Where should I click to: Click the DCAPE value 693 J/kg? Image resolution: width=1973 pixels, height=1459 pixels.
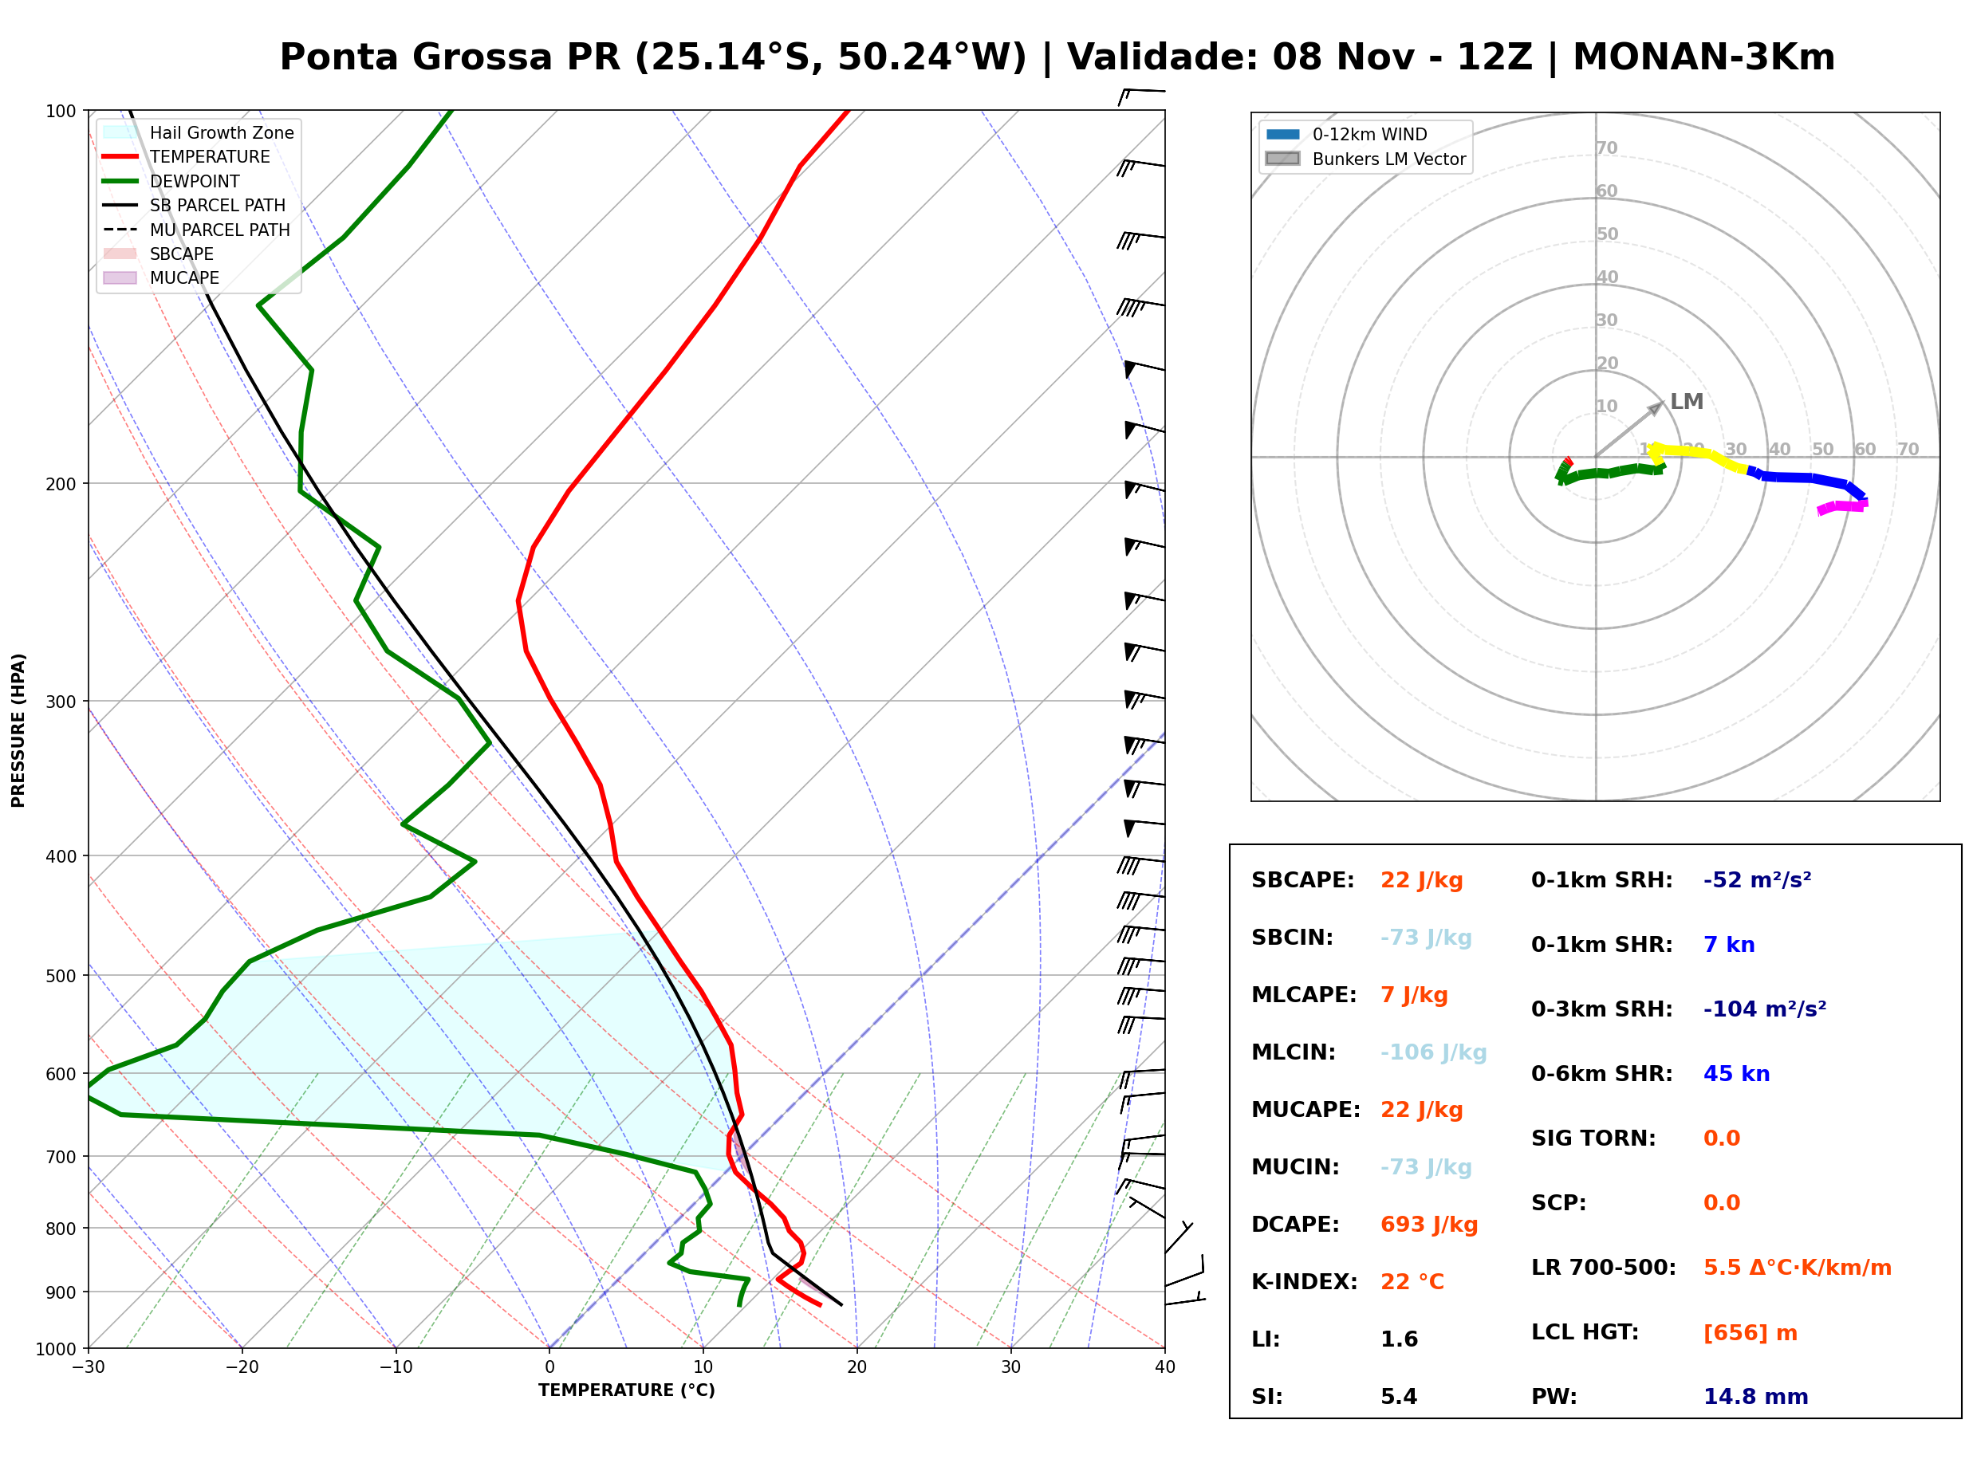pyautogui.click(x=1429, y=1225)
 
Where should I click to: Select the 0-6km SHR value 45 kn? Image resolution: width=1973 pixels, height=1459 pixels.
pyautogui.click(x=1736, y=1074)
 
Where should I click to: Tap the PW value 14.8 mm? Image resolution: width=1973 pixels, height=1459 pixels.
pyautogui.click(x=1756, y=1397)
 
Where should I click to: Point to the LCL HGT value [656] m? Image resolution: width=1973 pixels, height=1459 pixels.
pyautogui.click(x=1750, y=1333)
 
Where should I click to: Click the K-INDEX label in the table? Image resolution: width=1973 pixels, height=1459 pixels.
pyautogui.click(x=1305, y=1282)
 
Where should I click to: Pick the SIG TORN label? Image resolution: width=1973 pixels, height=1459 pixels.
pyautogui.click(x=1593, y=1138)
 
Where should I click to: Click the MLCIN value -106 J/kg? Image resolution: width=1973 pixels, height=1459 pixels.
pyautogui.click(x=1433, y=1052)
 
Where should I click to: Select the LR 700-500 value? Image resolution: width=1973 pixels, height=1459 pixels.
pyautogui.click(x=1798, y=1268)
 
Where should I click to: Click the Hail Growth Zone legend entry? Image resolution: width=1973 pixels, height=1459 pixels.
pyautogui.click(x=199, y=132)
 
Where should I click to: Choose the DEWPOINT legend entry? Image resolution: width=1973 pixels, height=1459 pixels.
pyautogui.click(x=171, y=181)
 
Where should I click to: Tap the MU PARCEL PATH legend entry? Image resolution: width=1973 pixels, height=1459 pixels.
pyautogui.click(x=196, y=230)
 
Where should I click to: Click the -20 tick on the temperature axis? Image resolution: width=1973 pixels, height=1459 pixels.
pyautogui.click(x=242, y=1367)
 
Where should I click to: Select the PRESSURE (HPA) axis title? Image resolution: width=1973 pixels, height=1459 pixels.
pyautogui.click(x=18, y=730)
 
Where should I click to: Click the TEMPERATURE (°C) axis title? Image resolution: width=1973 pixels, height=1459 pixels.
pyautogui.click(x=627, y=1390)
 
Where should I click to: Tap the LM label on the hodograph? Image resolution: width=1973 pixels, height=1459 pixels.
pyautogui.click(x=1687, y=402)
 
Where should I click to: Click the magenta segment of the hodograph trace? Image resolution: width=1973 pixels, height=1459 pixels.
pyautogui.click(x=1842, y=507)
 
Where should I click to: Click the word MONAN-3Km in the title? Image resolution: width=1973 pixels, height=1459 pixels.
pyautogui.click(x=1703, y=57)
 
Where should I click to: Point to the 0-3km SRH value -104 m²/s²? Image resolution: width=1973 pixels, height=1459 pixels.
pyautogui.click(x=1765, y=1009)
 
